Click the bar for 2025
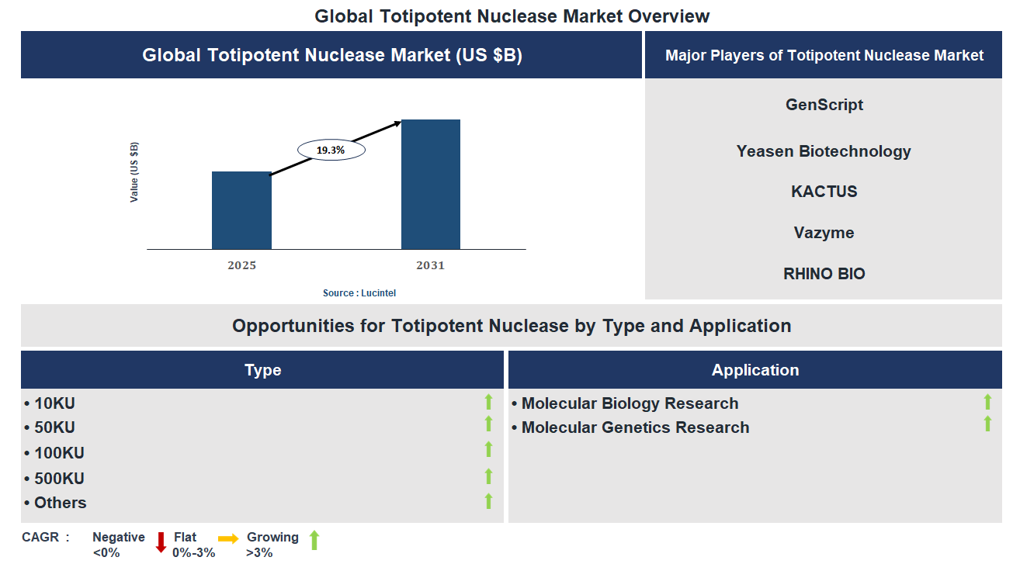click(x=241, y=210)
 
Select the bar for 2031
click(x=431, y=184)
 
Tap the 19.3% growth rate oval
click(x=331, y=150)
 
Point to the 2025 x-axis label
click(x=241, y=265)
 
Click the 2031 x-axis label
click(x=431, y=265)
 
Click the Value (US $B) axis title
click(x=134, y=172)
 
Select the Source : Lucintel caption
click(x=359, y=293)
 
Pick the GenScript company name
click(x=824, y=105)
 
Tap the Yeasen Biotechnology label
click(x=824, y=151)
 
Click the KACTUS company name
click(x=824, y=192)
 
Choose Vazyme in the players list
click(x=824, y=233)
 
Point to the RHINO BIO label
click(x=824, y=274)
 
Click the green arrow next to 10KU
click(x=489, y=402)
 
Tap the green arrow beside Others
click(x=489, y=501)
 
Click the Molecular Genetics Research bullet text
click(x=635, y=427)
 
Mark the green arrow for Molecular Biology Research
click(x=987, y=402)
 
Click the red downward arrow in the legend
click(x=161, y=542)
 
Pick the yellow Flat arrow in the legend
click(x=229, y=538)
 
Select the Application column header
click(x=755, y=370)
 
